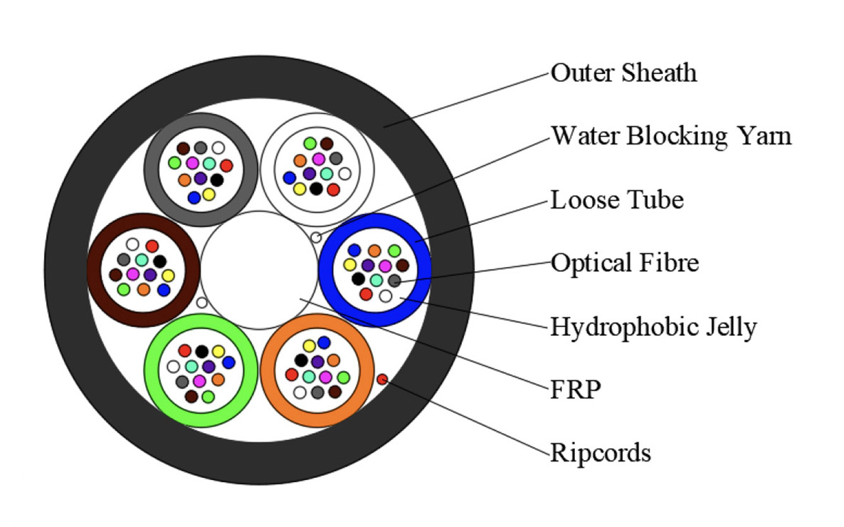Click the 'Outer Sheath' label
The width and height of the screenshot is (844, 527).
pyautogui.click(x=623, y=73)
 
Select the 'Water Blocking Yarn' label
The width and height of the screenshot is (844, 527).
pyautogui.click(x=671, y=136)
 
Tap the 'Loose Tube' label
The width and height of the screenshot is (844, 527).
pyautogui.click(x=617, y=200)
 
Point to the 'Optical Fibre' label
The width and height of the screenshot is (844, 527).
pyautogui.click(x=624, y=263)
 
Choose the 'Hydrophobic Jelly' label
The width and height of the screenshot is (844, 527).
pyautogui.click(x=653, y=327)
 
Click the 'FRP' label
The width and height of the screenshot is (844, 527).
pyautogui.click(x=576, y=389)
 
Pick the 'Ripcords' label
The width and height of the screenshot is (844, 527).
pyautogui.click(x=600, y=453)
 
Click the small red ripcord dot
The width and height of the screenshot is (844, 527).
pyautogui.click(x=382, y=380)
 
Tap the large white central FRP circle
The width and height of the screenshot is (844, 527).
pyautogui.click(x=259, y=270)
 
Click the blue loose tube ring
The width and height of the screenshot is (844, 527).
pyautogui.click(x=326, y=269)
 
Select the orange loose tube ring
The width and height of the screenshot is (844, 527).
pyautogui.click(x=268, y=371)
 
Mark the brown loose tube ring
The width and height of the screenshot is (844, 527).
pyautogui.click(x=94, y=270)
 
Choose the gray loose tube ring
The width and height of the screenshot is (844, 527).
pyautogui.click(x=152, y=169)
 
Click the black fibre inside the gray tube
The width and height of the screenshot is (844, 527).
pyautogui.click(x=217, y=179)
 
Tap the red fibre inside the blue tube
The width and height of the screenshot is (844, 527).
pyautogui.click(x=366, y=294)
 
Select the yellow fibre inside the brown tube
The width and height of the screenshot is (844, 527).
pyautogui.click(x=168, y=276)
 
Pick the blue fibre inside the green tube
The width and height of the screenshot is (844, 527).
pyautogui.click(x=228, y=362)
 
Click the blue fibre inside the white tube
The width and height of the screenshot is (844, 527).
pyautogui.click(x=290, y=178)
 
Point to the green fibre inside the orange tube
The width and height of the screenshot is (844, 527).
pyautogui.click(x=344, y=377)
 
